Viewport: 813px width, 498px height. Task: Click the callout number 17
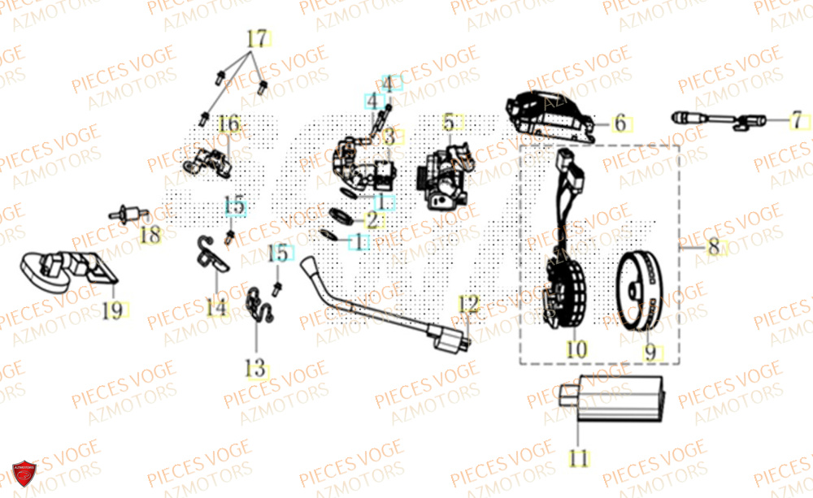click(x=256, y=39)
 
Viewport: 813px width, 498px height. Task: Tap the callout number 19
click(x=114, y=309)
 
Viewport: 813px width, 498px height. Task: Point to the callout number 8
click(x=713, y=247)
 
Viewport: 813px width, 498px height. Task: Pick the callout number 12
click(x=468, y=305)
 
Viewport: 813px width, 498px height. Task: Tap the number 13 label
click(x=256, y=369)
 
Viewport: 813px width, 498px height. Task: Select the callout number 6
click(x=620, y=123)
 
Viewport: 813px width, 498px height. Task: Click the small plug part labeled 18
click(x=126, y=215)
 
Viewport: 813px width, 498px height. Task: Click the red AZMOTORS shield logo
click(x=24, y=474)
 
